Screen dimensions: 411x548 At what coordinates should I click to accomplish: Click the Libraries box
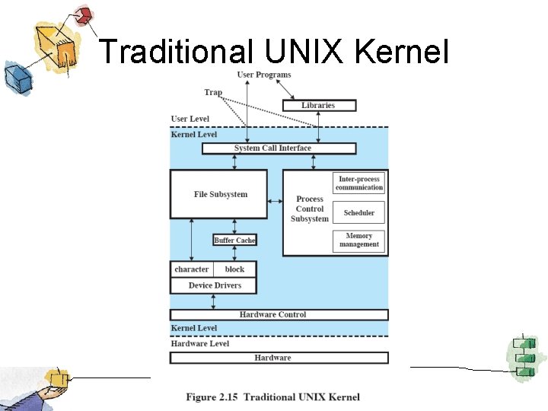(x=318, y=105)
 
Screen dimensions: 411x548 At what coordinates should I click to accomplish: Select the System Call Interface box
(x=272, y=148)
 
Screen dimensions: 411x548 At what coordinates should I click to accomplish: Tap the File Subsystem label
(x=220, y=194)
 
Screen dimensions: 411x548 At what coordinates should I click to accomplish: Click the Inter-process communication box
(x=359, y=183)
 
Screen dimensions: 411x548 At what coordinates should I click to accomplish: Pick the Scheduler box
(x=359, y=212)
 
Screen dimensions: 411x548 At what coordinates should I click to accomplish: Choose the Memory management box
(x=359, y=241)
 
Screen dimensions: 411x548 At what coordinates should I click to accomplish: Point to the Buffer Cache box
(x=234, y=241)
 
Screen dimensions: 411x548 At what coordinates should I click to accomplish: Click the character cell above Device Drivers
(x=191, y=269)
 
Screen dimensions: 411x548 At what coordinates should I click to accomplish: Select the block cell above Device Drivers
(x=235, y=269)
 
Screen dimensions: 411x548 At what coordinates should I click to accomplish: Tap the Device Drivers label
(x=215, y=285)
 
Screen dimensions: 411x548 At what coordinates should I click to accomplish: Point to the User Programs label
(x=264, y=75)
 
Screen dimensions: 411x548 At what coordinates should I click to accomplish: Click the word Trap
(x=213, y=92)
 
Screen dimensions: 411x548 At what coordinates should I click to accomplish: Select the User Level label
(x=190, y=119)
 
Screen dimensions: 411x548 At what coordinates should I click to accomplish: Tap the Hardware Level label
(x=199, y=343)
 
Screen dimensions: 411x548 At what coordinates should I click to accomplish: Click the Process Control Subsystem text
(x=309, y=209)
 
